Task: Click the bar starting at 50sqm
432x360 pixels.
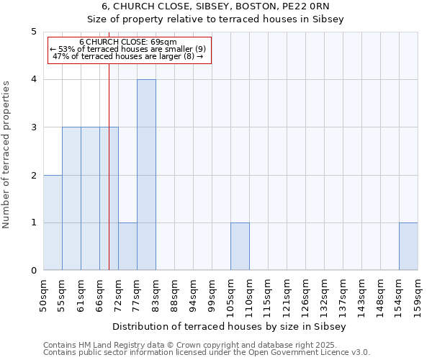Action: point(53,222)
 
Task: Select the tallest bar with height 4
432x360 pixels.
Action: point(146,175)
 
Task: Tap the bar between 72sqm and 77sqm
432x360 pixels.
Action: point(127,246)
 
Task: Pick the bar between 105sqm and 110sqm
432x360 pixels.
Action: point(240,246)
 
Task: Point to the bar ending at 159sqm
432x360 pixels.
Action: point(408,246)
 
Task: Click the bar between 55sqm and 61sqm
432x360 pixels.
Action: point(71,199)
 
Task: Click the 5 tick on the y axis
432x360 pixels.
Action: point(34,32)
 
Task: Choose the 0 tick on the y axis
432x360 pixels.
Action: point(34,271)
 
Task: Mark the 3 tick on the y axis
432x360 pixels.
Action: point(34,127)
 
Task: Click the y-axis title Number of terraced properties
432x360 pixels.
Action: point(7,155)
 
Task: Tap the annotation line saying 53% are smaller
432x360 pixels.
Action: point(128,48)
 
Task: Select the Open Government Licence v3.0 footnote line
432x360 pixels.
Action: point(207,353)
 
